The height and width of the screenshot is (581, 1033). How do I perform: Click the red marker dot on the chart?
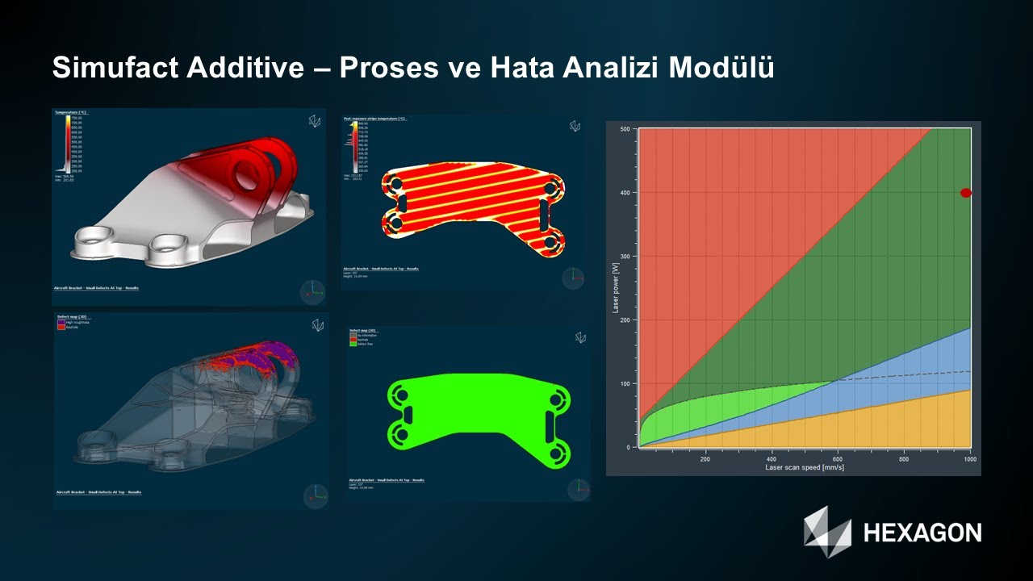(x=965, y=193)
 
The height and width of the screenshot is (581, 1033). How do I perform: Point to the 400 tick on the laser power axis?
(x=625, y=193)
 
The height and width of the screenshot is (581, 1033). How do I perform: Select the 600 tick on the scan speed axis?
(x=838, y=458)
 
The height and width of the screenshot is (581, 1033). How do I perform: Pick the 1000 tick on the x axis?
(x=969, y=458)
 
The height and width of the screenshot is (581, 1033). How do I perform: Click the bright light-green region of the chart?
(x=694, y=412)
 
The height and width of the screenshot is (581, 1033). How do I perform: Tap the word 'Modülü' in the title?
(x=721, y=69)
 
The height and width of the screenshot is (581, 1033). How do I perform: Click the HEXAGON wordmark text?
(x=922, y=533)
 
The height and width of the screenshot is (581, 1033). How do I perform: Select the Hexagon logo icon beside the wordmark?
(x=827, y=530)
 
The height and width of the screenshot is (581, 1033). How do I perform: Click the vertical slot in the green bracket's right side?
(x=550, y=424)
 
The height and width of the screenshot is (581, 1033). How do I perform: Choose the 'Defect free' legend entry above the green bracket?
(x=362, y=344)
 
